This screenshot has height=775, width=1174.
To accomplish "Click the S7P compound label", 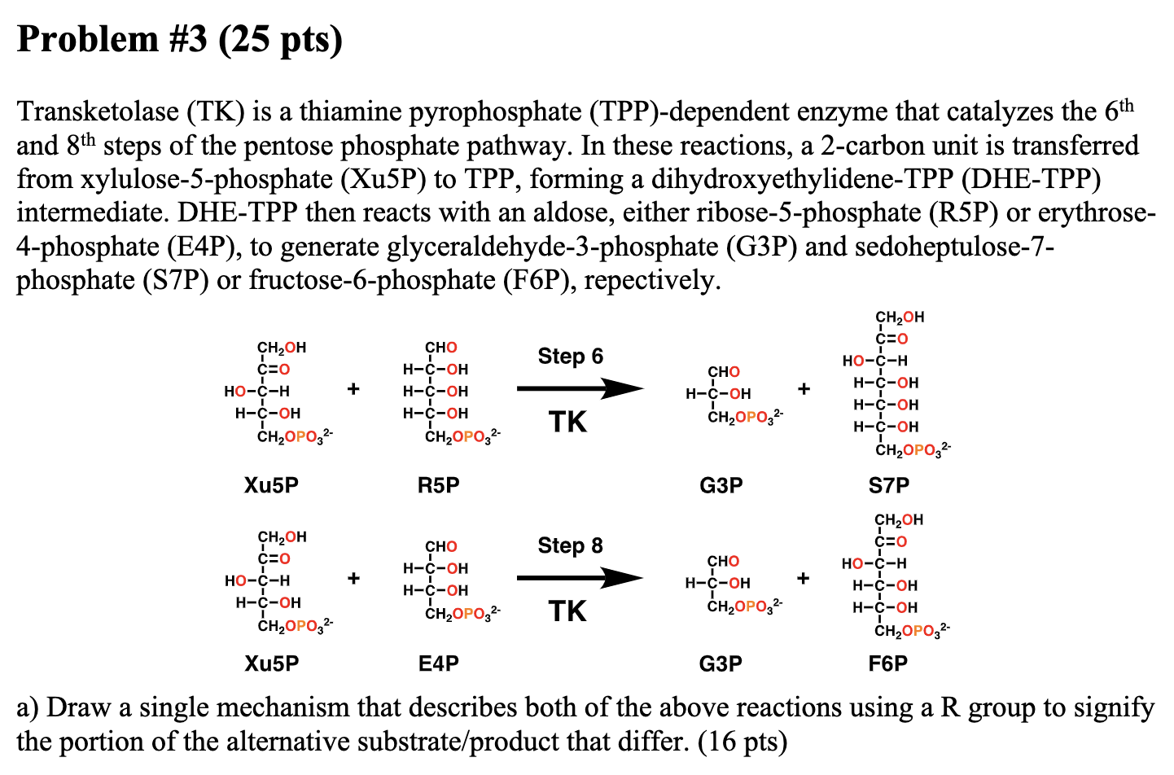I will [888, 485].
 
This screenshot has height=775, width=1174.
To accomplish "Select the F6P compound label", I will [887, 663].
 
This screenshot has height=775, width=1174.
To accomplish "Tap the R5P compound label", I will [438, 485].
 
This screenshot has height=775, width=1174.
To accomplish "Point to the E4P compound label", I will [438, 663].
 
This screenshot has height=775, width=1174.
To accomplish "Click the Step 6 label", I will [570, 357].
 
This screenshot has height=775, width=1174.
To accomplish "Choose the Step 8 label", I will [570, 545].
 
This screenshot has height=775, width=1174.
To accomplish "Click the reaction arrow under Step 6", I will [580, 388].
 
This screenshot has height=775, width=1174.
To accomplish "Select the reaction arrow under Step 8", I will [580, 578].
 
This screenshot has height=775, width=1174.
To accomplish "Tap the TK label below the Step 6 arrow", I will [567, 422].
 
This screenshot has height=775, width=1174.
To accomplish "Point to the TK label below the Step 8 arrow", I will [567, 611].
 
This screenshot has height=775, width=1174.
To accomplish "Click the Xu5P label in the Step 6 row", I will [271, 485].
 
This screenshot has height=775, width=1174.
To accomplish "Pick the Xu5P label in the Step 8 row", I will [271, 663].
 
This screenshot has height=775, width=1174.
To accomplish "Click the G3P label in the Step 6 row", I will [721, 485].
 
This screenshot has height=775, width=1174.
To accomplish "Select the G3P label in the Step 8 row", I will [721, 663].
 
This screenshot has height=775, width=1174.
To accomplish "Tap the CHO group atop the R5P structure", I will [440, 348].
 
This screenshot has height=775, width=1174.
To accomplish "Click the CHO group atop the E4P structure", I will [440, 546].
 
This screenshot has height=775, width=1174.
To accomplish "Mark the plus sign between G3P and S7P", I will [804, 388].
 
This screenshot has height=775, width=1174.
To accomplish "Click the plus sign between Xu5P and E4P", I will [353, 578].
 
